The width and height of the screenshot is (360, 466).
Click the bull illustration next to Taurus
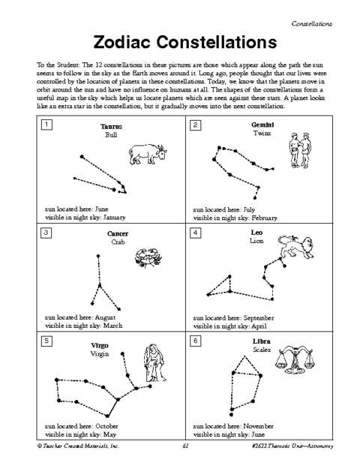tap(148, 155)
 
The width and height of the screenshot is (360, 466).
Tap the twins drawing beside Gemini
tap(300, 150)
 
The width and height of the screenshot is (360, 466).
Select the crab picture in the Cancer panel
tap(148, 257)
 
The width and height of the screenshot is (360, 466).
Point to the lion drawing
tap(295, 247)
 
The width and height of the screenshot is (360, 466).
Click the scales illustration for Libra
tap(295, 359)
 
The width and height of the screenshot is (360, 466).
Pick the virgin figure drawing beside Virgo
tap(154, 363)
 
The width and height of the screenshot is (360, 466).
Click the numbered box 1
tap(46, 125)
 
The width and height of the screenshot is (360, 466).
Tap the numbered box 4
tap(195, 233)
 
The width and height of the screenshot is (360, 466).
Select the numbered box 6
tap(195, 341)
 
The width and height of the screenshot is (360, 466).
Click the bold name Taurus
tap(111, 127)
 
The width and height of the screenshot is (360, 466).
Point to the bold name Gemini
tap(262, 125)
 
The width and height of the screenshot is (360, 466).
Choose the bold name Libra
tap(262, 341)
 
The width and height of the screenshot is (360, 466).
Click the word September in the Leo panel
tap(259, 318)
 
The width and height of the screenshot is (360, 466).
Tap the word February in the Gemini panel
tap(264, 218)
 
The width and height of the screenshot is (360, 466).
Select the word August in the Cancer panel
tap(105, 317)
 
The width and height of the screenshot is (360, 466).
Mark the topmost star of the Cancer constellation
tap(98, 256)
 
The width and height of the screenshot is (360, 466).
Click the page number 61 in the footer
tap(186, 446)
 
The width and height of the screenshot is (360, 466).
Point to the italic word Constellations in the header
tap(311, 24)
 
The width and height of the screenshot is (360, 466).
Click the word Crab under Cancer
tap(118, 242)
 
